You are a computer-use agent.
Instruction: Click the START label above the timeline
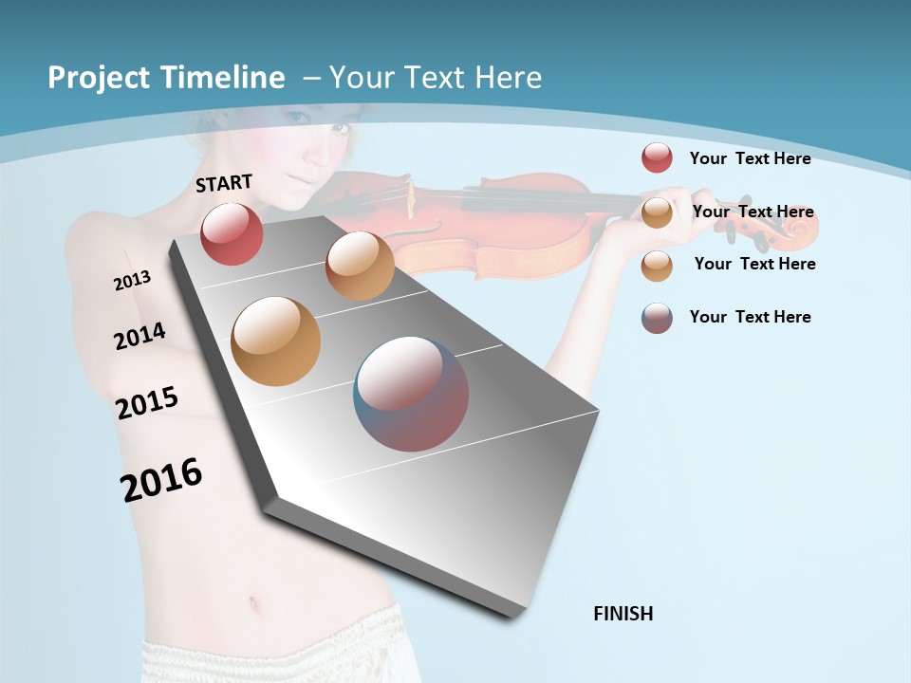[x=224, y=183]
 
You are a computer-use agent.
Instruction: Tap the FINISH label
[x=623, y=614]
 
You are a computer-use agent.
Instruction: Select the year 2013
[x=132, y=281]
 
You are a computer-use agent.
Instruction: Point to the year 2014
[x=139, y=337]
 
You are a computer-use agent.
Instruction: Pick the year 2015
[x=147, y=403]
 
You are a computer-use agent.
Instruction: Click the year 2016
[x=161, y=480]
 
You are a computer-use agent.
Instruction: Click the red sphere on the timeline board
[x=232, y=233]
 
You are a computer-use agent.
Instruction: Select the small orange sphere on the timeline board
[x=360, y=266]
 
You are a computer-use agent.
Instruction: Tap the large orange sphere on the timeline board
[x=275, y=341]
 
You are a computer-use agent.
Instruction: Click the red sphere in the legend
[x=657, y=157]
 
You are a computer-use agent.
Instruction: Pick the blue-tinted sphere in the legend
[x=657, y=318]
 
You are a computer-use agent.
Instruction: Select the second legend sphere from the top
[x=657, y=212]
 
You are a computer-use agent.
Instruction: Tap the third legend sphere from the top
[x=657, y=266]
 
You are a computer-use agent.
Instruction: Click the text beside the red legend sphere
[x=750, y=158]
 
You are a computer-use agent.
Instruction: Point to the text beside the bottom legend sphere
[x=750, y=317]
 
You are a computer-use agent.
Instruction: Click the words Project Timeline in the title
[x=166, y=78]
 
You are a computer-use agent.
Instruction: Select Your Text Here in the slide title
[x=435, y=78]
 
